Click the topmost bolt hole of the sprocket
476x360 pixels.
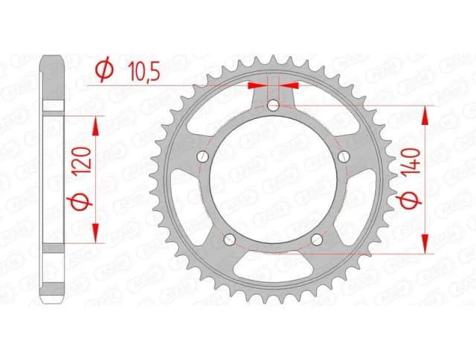point(274,106)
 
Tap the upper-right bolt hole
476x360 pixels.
point(344,157)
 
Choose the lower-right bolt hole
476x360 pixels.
point(318,240)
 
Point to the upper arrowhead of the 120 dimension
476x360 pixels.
point(94,124)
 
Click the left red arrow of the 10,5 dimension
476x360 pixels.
point(259,86)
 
